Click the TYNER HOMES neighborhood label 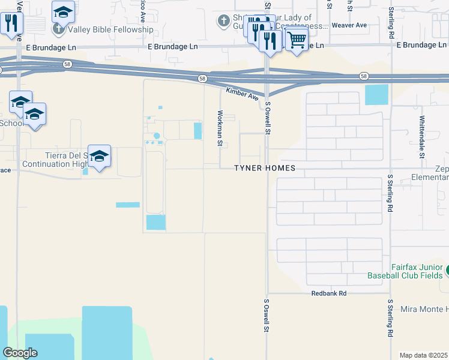pos(265,169)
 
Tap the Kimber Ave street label pos(243,94)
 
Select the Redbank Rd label pos(329,293)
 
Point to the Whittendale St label pos(422,137)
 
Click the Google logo pos(20,353)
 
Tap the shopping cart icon pos(296,40)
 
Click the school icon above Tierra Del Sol pos(99,156)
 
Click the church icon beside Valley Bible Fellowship pos(58,29)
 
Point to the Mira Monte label pos(424,309)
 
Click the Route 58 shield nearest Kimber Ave pos(203,79)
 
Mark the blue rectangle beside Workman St pos(197,131)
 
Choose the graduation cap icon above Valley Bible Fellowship pos(63,12)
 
